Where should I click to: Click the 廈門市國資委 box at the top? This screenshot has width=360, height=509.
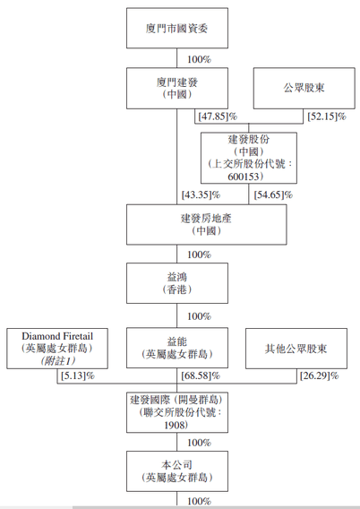pyautogui.click(x=177, y=29)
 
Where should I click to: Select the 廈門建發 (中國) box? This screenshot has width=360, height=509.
pyautogui.click(x=177, y=89)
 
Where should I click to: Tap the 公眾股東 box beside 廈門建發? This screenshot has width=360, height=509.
pyautogui.click(x=304, y=89)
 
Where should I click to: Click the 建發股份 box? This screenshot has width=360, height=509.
pyautogui.click(x=249, y=158)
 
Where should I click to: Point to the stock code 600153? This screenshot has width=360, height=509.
pyautogui.click(x=244, y=177)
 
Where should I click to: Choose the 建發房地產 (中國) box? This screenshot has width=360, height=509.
pyautogui.click(x=207, y=224)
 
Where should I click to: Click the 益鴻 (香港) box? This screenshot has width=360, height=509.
pyautogui.click(x=177, y=283)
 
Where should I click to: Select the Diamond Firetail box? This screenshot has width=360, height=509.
pyautogui.click(x=57, y=349)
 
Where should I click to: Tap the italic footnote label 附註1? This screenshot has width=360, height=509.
pyautogui.click(x=57, y=360)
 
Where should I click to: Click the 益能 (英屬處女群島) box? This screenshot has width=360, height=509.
pyautogui.click(x=177, y=348)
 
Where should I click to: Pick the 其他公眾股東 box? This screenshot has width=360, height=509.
pyautogui.click(x=296, y=349)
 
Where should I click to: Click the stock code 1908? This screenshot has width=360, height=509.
pyautogui.click(x=176, y=425)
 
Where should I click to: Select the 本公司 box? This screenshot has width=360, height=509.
pyautogui.click(x=177, y=471)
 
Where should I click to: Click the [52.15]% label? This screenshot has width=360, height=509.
pyautogui.click(x=327, y=116)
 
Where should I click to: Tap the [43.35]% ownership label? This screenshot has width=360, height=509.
pyautogui.click(x=201, y=194)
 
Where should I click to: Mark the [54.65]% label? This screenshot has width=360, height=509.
pyautogui.click(x=273, y=194)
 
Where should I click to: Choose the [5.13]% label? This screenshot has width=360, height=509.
pyautogui.click(x=78, y=375)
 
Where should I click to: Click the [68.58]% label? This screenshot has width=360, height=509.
pyautogui.click(x=201, y=375)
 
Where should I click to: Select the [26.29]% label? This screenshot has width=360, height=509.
pyautogui.click(x=319, y=375)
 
